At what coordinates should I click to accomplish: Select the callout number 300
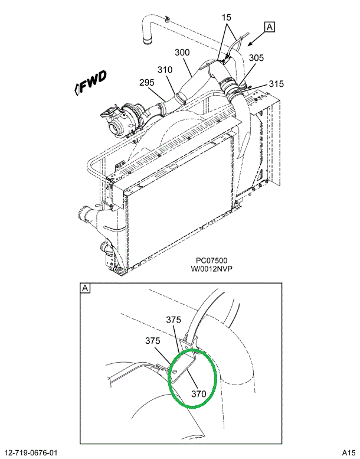click(182, 53)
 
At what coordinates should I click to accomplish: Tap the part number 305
click(256, 58)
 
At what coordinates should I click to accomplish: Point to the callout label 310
click(165, 70)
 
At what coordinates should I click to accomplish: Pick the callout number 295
click(148, 82)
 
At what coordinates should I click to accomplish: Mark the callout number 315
click(277, 84)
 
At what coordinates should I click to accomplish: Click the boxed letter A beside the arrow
click(270, 27)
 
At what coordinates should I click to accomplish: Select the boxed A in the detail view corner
click(85, 288)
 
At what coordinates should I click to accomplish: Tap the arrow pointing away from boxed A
click(254, 40)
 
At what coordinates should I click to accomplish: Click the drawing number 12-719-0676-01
click(33, 453)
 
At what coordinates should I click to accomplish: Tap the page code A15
click(348, 453)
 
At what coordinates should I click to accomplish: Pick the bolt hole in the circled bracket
click(175, 371)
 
